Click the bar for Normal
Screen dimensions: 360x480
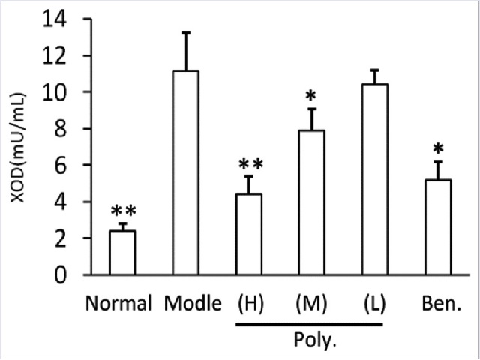pyautogui.click(x=122, y=253)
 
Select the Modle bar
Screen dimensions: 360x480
pyautogui.click(x=186, y=172)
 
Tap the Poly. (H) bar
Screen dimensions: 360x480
pyautogui.click(x=250, y=234)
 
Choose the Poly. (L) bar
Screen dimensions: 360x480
pyautogui.click(x=376, y=179)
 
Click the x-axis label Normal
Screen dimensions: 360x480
pyautogui.click(x=120, y=304)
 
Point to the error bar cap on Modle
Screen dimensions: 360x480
pyautogui.click(x=186, y=33)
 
